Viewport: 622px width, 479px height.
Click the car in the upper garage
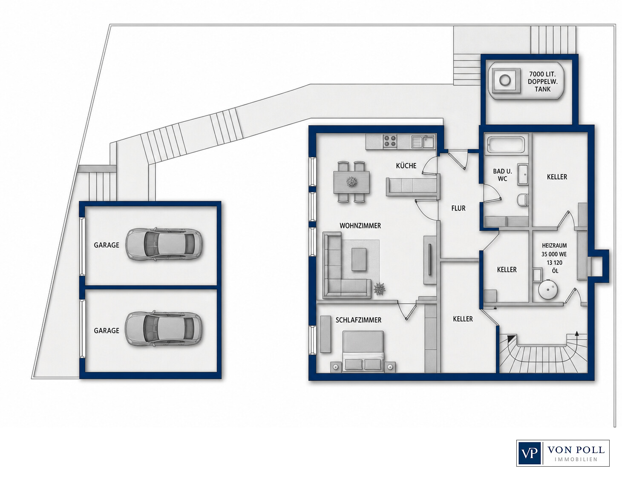[164, 244]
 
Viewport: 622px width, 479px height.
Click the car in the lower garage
[164, 329]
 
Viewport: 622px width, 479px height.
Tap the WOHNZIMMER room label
[360, 226]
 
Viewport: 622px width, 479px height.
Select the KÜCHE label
[406, 166]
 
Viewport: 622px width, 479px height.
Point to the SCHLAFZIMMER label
[358, 320]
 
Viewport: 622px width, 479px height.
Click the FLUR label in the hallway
[458, 209]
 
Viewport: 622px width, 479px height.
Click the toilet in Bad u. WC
[523, 199]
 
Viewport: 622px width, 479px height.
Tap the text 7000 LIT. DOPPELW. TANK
[542, 81]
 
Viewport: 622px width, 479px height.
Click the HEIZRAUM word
[554, 246]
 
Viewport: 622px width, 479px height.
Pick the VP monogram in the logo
[529, 453]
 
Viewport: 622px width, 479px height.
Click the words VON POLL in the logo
[576, 450]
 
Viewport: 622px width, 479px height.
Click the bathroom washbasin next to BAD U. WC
[522, 175]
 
